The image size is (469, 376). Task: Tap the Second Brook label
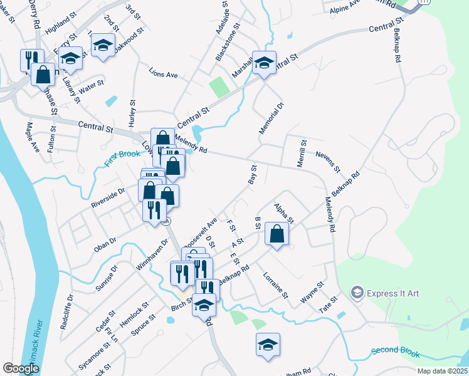coord(395,353)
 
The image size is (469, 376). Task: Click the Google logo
coord(21,368)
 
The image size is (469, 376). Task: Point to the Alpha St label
coord(283,212)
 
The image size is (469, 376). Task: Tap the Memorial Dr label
coord(271,118)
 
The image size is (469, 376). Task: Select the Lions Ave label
coord(163,75)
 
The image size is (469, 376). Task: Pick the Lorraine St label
coord(275,285)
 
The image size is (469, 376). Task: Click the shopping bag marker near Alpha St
coord(277,235)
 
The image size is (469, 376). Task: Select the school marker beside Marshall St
coord(264,63)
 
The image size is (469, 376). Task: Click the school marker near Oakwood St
coord(103,45)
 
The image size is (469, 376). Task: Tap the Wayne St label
coord(312,293)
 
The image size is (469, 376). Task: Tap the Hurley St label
coord(133,113)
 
